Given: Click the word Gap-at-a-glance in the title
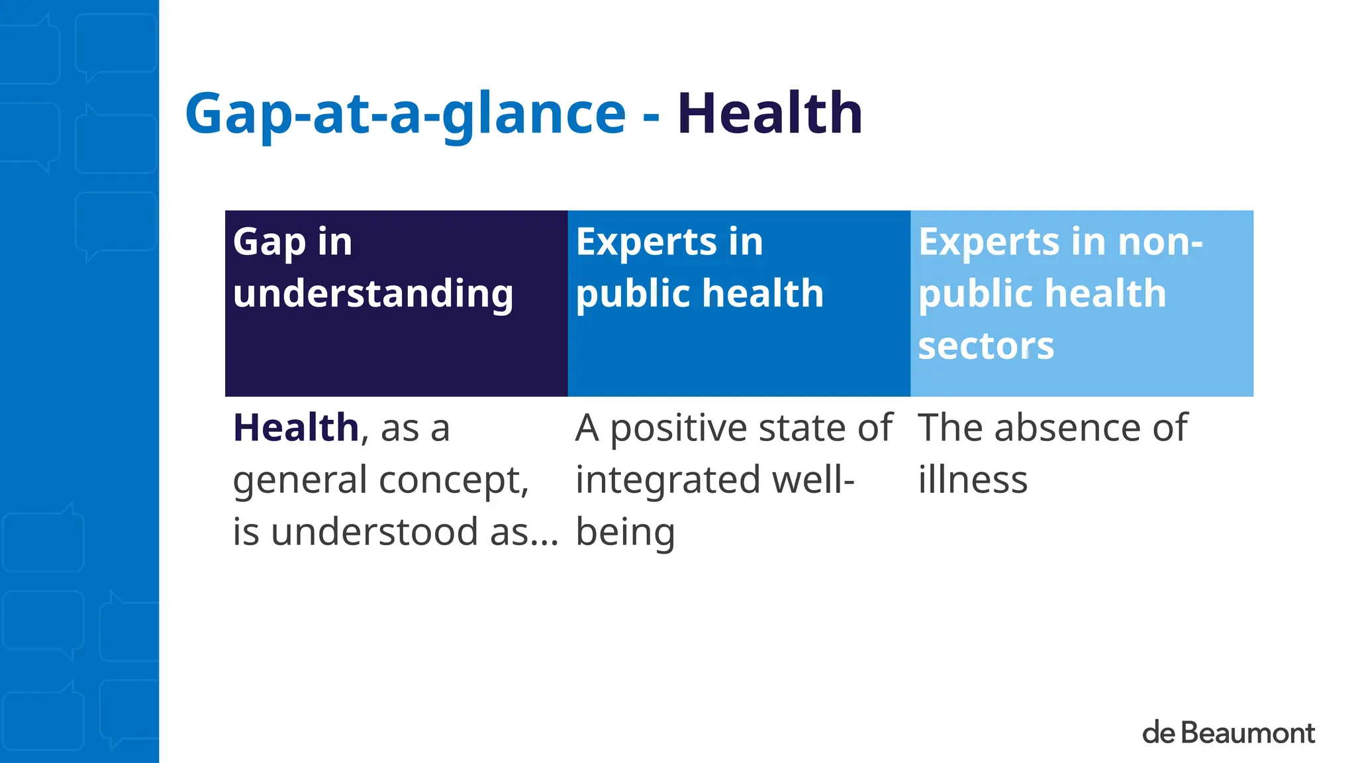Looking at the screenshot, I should coord(405,114).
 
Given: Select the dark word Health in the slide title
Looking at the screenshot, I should coord(769,114).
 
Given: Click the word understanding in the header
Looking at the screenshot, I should coord(373,294).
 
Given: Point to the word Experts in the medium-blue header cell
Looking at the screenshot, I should coord(646,242).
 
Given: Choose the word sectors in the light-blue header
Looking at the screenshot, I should coord(986,346).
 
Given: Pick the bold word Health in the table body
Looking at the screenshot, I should coord(296,427).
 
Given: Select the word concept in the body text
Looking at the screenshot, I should coord(454,481).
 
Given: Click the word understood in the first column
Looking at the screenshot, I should coord(375,532).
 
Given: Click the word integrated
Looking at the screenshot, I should coord(668,481).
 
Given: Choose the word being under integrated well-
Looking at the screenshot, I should coord(625,533).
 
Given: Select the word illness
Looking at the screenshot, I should coord(973,480).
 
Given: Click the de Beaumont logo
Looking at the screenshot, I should coord(1228,733).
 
